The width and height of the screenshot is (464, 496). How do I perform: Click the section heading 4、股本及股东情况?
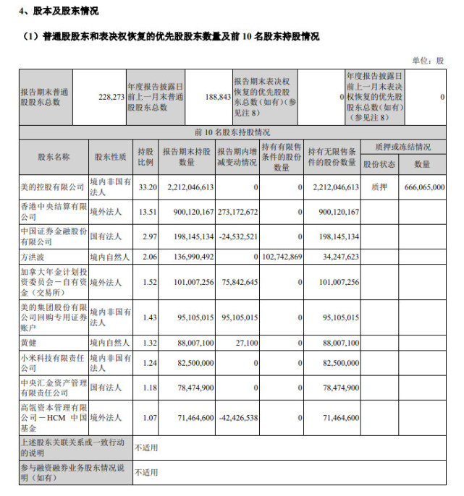click(x=59, y=12)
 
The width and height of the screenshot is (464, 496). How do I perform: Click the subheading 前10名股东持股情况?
click(x=232, y=132)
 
